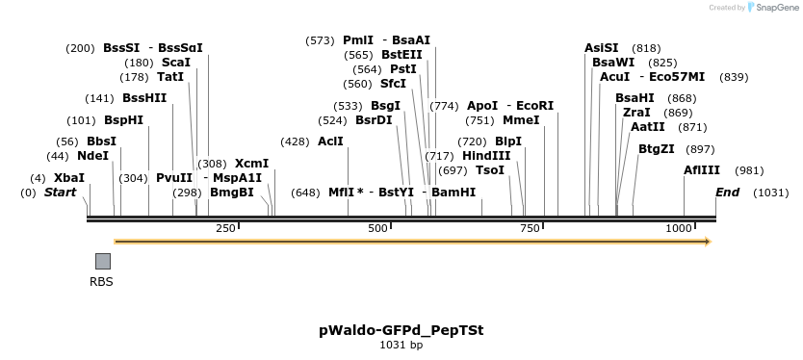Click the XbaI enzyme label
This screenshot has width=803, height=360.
coord(69,178)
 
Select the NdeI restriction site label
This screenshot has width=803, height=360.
coord(92,156)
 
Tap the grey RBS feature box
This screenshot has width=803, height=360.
coord(103,261)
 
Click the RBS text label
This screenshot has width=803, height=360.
coord(101,282)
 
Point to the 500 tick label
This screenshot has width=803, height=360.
coord(377,228)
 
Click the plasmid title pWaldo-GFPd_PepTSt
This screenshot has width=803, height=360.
coord(401,330)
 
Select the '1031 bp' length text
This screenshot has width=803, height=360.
coord(401,345)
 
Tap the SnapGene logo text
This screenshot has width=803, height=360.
coord(776,8)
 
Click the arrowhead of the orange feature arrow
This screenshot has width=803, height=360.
coord(707,242)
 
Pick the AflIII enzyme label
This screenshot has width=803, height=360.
coord(702,170)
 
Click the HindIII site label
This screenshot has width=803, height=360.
coord(486,156)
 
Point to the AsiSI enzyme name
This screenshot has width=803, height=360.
coord(602,48)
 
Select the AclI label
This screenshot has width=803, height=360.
coord(330,141)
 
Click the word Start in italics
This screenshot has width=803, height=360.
coord(60,193)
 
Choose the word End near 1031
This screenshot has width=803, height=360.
coord(728,193)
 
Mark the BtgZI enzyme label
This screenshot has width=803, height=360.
coord(657,149)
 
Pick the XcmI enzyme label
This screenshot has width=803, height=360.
coord(251,164)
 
